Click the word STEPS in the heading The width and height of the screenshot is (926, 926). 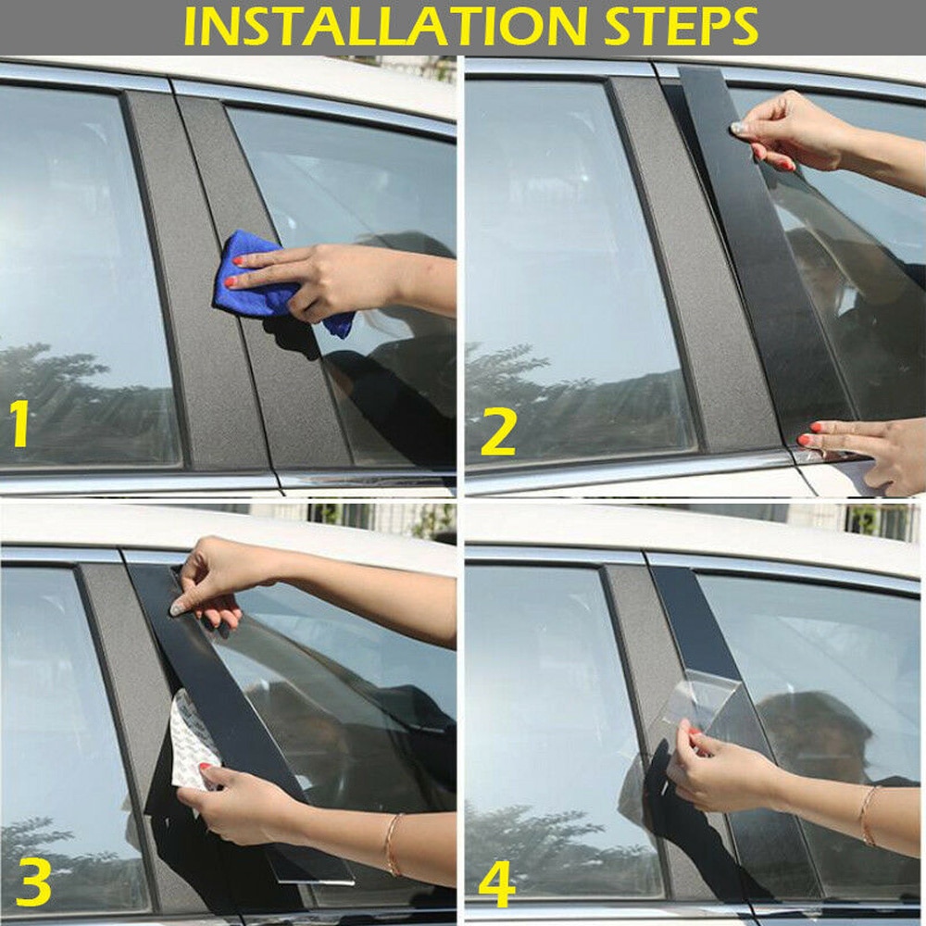[x=682, y=27]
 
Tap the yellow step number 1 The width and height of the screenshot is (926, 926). [x=19, y=423]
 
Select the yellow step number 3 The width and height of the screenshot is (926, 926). [x=32, y=884]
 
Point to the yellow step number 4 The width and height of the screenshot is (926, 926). [x=496, y=884]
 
